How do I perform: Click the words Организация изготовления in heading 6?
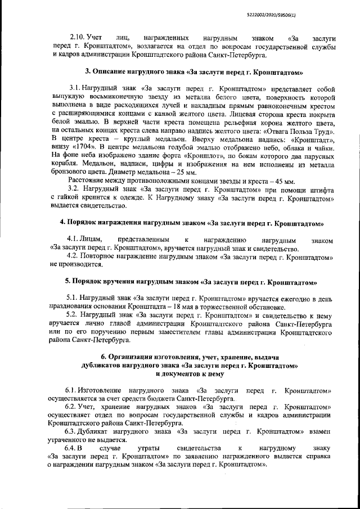point(149,357)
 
